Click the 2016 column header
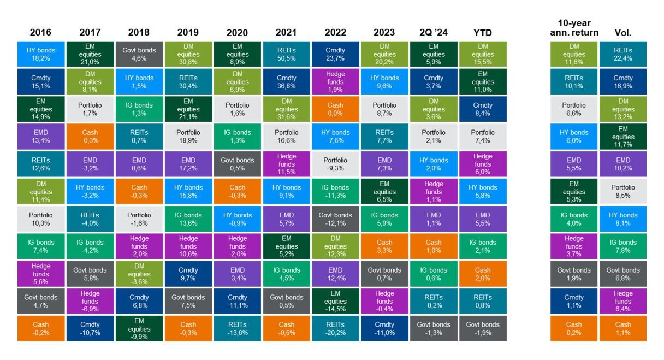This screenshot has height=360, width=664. pyautogui.click(x=41, y=33)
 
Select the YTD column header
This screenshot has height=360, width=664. pyautogui.click(x=482, y=33)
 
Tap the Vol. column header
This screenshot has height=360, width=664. pyautogui.click(x=623, y=33)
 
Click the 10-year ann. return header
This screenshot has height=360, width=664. pyautogui.click(x=574, y=28)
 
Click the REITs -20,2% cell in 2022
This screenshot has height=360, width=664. pyautogui.click(x=335, y=328)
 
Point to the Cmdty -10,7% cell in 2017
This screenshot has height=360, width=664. pyautogui.click(x=90, y=328)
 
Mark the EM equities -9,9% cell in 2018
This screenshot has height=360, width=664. pyautogui.click(x=139, y=328)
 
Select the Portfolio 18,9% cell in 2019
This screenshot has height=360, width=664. pyautogui.click(x=188, y=137)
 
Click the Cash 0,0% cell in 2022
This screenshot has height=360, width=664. pyautogui.click(x=335, y=109)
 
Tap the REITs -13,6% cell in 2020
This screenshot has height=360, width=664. pyautogui.click(x=237, y=328)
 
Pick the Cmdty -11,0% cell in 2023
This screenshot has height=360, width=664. pyautogui.click(x=384, y=328)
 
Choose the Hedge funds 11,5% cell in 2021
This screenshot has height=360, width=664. pyautogui.click(x=286, y=164)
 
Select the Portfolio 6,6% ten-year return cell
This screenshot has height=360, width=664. pyautogui.click(x=574, y=109)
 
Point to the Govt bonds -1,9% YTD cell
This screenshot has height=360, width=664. pyautogui.click(x=482, y=328)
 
